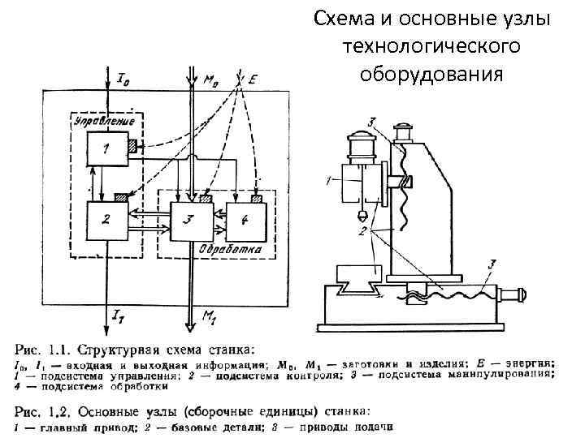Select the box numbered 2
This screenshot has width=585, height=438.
tap(106, 218)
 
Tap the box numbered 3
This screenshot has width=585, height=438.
tap(188, 218)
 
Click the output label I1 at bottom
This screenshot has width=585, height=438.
tap(118, 314)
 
